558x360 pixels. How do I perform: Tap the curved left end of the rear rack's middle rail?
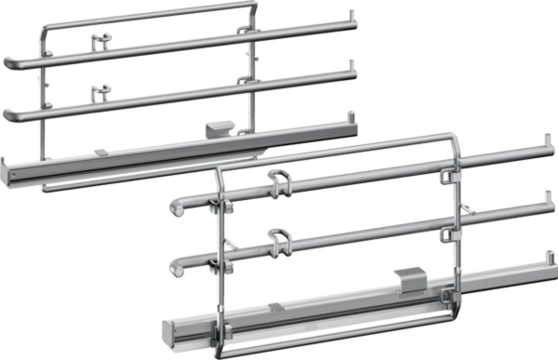(9, 115)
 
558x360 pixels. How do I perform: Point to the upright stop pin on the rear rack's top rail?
(351, 17)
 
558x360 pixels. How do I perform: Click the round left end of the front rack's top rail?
(174, 209)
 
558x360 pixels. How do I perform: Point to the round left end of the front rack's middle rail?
(175, 267)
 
